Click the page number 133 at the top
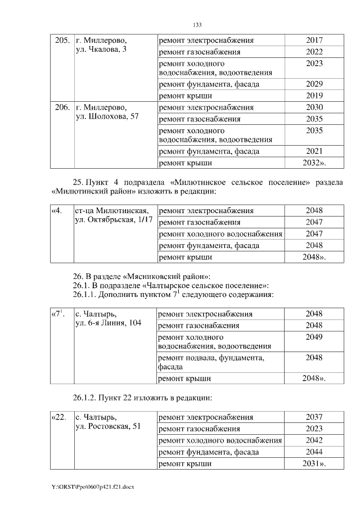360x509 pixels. pyautogui.click(x=197, y=25)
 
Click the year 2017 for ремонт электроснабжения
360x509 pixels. pyautogui.click(x=314, y=41)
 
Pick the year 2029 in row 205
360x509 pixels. pyautogui.click(x=314, y=84)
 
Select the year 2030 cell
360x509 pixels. pyautogui.click(x=314, y=107)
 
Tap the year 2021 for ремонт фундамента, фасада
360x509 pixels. pyautogui.click(x=314, y=151)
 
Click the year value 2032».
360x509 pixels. pyautogui.click(x=314, y=163)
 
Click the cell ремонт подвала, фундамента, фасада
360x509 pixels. pyautogui.click(x=211, y=362)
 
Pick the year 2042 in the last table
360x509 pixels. pyautogui.click(x=314, y=440)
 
